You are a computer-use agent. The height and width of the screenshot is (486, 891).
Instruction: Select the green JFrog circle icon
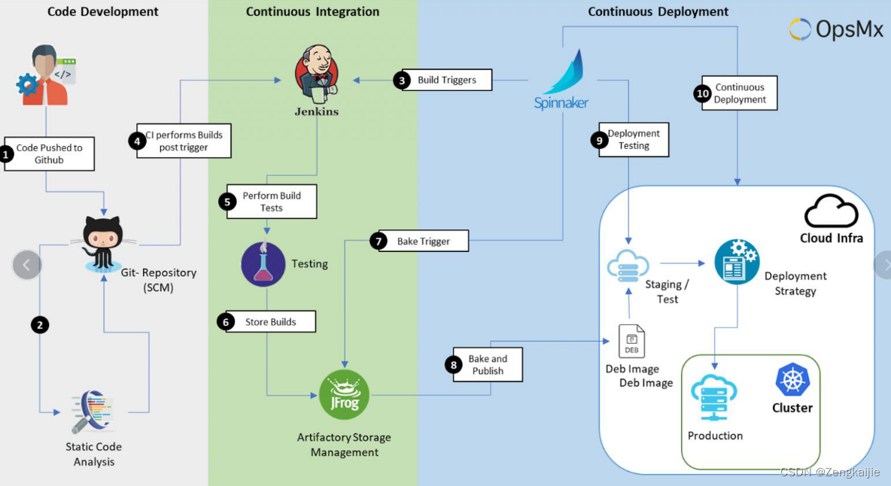coord(344,395)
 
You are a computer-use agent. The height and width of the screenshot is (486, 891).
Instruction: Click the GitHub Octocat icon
coord(103,241)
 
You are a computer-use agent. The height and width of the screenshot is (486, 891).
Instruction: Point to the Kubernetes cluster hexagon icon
coord(792,380)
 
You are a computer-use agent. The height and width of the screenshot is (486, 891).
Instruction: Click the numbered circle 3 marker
coord(402,80)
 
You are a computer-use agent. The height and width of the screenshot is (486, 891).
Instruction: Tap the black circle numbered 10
coord(702,93)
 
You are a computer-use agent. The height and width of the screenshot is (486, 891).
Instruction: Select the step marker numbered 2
coord(40,324)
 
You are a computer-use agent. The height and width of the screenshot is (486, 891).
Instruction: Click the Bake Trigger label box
coord(423,241)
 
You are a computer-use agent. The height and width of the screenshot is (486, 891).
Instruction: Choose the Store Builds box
coord(271,322)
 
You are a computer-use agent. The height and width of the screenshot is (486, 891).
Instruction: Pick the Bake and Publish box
coord(488,365)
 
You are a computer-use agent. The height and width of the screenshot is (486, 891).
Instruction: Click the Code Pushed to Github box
coord(50,154)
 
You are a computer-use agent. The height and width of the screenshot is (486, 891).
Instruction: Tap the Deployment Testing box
coord(634,140)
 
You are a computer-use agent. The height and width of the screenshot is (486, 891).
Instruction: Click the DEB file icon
coord(631,342)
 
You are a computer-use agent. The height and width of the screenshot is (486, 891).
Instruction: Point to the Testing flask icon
coord(263,264)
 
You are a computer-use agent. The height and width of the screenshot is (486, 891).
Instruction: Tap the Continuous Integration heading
coord(312,11)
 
